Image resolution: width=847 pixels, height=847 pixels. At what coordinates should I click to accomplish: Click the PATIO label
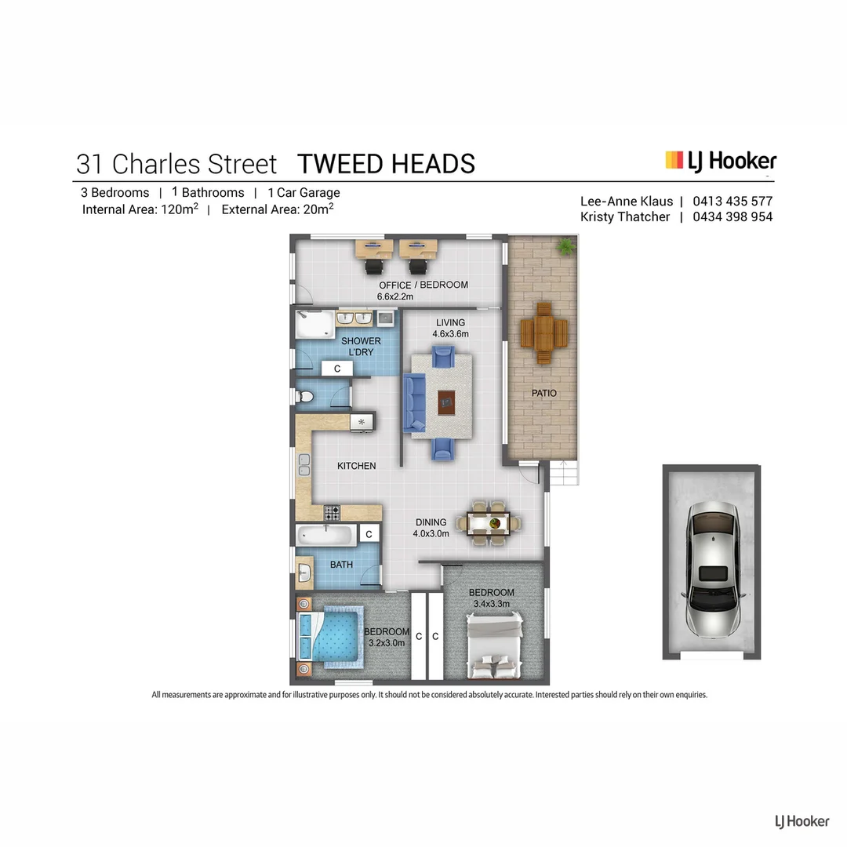pyautogui.click(x=543, y=392)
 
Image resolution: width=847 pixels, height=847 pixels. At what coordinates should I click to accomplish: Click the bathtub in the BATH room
pyautogui.click(x=326, y=536)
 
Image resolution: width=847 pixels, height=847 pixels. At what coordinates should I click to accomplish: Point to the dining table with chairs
pyautogui.click(x=494, y=523)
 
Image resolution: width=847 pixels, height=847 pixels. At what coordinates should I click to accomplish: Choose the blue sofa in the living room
pyautogui.click(x=413, y=403)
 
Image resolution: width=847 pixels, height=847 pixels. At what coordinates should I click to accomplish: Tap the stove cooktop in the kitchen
pyautogui.click(x=332, y=513)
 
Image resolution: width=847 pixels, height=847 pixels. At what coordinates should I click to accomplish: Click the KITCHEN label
pyautogui.click(x=356, y=466)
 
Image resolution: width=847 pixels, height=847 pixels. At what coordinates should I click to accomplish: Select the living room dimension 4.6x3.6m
pyautogui.click(x=450, y=333)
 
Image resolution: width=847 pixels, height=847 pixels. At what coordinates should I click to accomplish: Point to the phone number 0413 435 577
pyautogui.click(x=732, y=201)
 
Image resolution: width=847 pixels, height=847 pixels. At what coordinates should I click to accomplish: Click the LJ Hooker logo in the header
pyautogui.click(x=721, y=162)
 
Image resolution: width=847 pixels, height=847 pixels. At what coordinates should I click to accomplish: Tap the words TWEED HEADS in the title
pyautogui.click(x=386, y=164)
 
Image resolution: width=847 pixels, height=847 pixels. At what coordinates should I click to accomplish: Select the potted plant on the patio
pyautogui.click(x=564, y=246)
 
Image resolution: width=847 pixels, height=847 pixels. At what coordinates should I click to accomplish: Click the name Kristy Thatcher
pyautogui.click(x=625, y=217)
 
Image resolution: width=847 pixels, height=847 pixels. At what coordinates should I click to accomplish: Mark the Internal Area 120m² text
pyautogui.click(x=140, y=209)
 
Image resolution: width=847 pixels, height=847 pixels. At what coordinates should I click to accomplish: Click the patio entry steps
pyautogui.click(x=562, y=474)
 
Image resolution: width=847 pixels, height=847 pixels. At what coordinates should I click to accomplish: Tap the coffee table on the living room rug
pyautogui.click(x=446, y=403)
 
